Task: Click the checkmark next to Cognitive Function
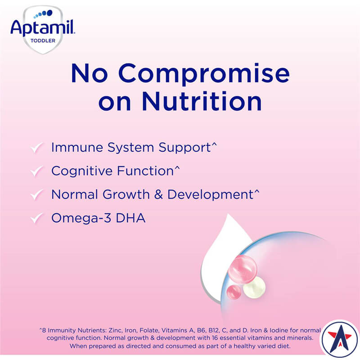tap(36, 171)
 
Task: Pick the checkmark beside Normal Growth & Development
tap(36, 195)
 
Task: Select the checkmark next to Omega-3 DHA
tap(36, 219)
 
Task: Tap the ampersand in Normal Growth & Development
tap(160, 195)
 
